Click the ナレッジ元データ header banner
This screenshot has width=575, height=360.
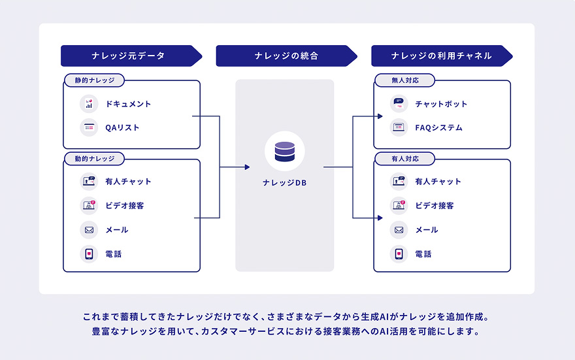(128, 56)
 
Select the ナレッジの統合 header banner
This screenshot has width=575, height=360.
(286, 56)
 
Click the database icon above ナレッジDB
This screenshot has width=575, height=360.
(285, 151)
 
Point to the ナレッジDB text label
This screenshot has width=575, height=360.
(285, 183)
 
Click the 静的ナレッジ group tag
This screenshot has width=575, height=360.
(94, 80)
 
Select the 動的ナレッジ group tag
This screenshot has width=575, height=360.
(94, 159)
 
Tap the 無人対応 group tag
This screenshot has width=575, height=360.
(404, 80)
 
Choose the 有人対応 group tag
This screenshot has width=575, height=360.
(404, 159)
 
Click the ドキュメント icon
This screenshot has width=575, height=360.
(89, 104)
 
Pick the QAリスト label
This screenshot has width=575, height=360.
(122, 128)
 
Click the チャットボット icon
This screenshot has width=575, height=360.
(399, 104)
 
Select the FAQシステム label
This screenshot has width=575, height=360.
(438, 128)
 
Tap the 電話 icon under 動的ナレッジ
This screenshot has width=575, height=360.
(89, 254)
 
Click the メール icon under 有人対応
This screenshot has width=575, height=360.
(399, 230)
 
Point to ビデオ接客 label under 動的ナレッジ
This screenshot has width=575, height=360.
(124, 206)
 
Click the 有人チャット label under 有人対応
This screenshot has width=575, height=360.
(438, 182)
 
